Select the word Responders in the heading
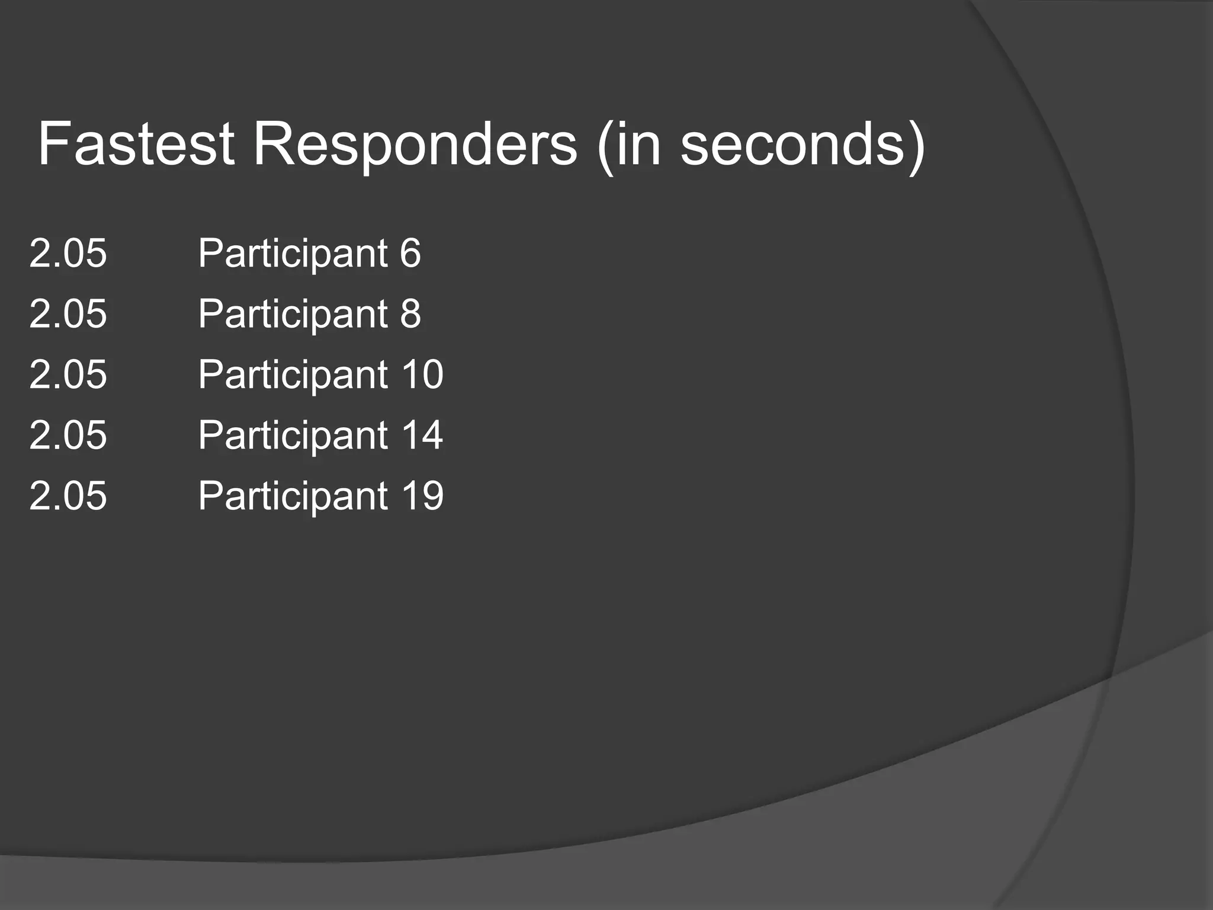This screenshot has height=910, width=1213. click(x=415, y=144)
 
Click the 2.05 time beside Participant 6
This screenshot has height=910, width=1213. click(x=68, y=253)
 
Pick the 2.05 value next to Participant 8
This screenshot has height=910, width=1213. click(x=68, y=313)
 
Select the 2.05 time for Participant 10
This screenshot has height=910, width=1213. click(x=68, y=374)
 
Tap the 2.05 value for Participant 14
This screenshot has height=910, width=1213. click(x=68, y=435)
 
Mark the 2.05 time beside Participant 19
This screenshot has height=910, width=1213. click(x=68, y=496)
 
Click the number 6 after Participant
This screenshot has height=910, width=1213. click(x=410, y=253)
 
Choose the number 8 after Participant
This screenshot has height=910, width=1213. click(x=410, y=313)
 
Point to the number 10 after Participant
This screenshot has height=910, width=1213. click(x=422, y=374)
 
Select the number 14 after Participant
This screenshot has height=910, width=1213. click(x=422, y=435)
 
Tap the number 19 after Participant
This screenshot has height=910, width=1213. click(x=422, y=496)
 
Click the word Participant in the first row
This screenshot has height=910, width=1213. click(x=293, y=254)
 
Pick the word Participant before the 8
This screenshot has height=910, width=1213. click(x=293, y=314)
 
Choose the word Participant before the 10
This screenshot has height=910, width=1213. click(x=293, y=375)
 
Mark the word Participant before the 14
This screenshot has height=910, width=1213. click(x=293, y=435)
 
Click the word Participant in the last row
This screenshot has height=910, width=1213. click(x=293, y=496)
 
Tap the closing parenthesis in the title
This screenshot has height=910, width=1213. click(x=916, y=145)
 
